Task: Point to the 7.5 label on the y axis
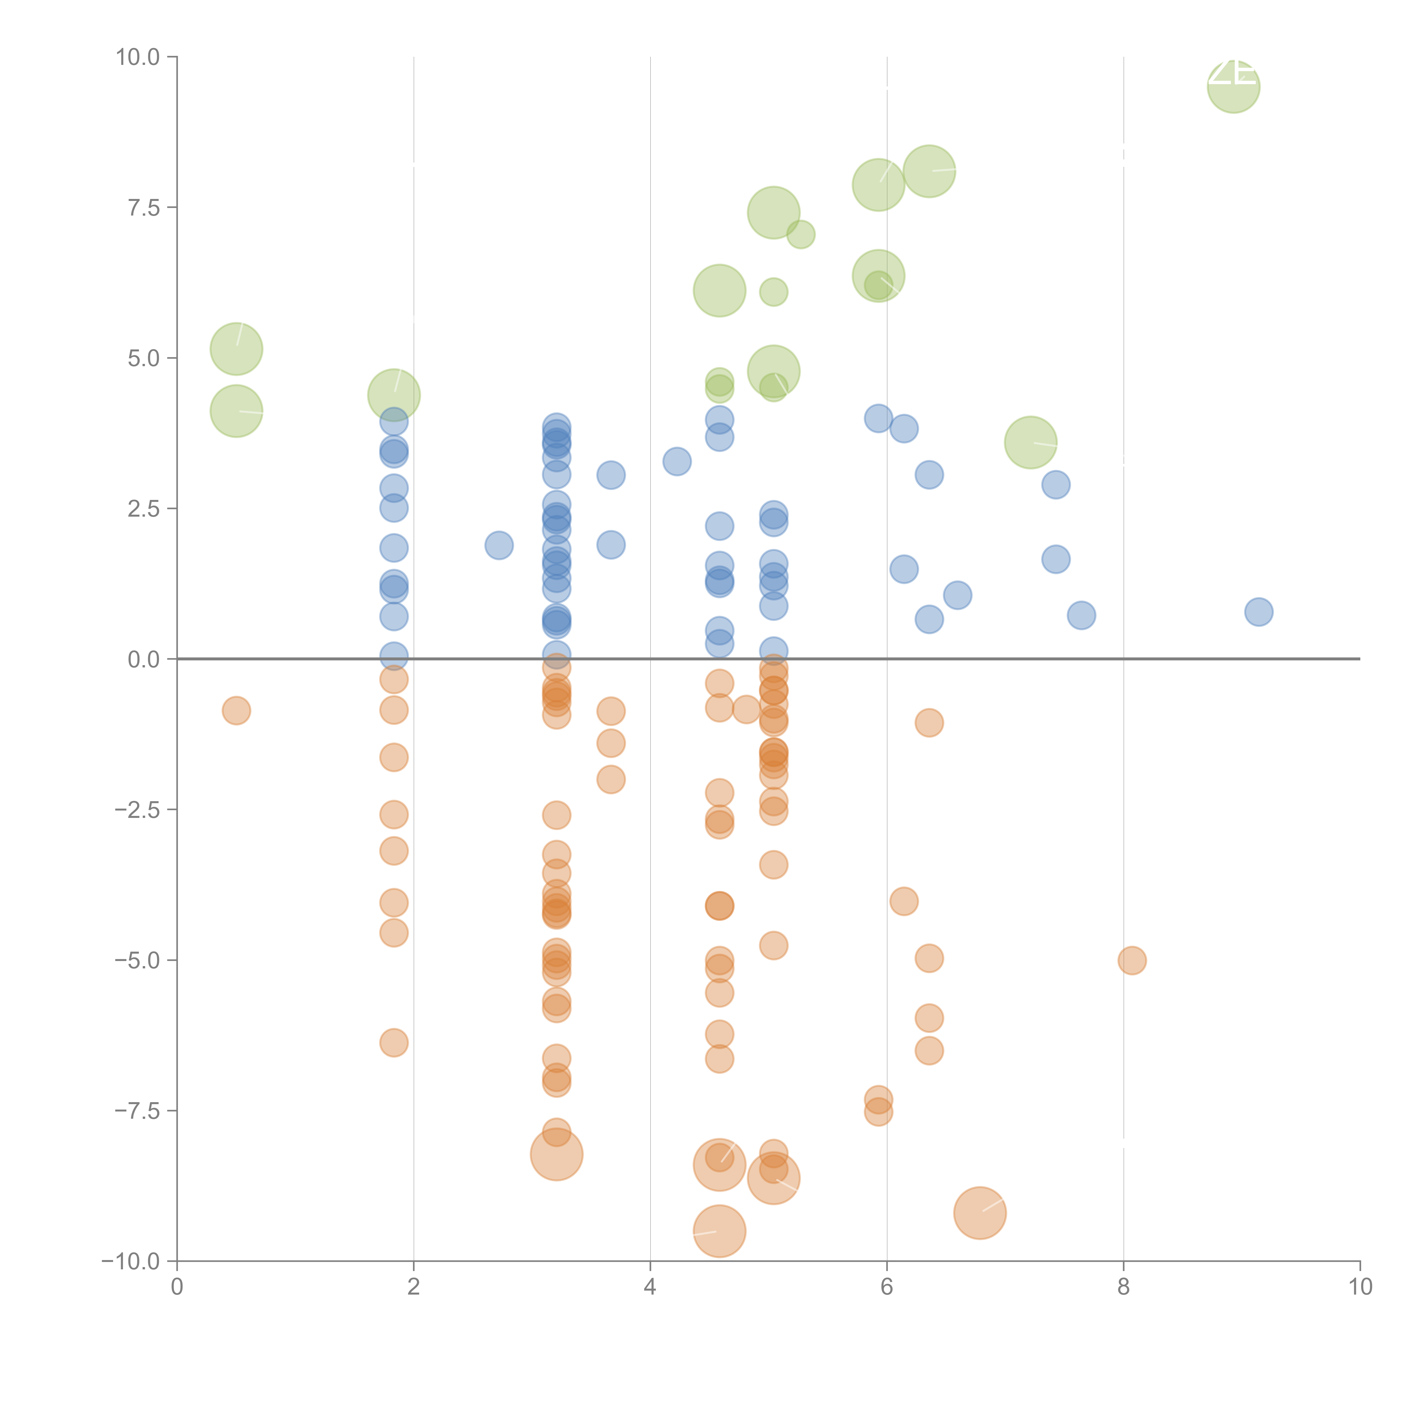[143, 207]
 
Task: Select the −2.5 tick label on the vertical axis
[137, 810]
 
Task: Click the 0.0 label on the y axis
[143, 659]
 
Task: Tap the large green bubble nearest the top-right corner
[1234, 86]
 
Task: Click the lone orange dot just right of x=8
[1132, 960]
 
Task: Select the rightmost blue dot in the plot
[1259, 612]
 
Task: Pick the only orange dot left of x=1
[236, 710]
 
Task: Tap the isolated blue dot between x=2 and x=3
[499, 545]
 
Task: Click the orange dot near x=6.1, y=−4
[903, 901]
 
